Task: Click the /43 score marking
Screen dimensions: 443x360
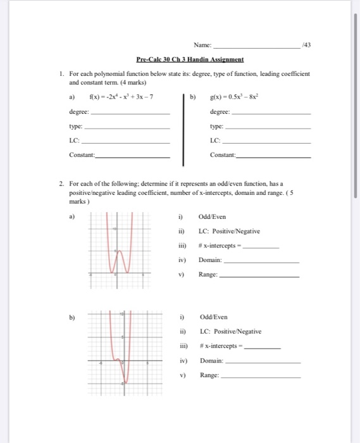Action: pos(307,45)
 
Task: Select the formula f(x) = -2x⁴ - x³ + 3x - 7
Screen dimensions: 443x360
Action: pos(121,97)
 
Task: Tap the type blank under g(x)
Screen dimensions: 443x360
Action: pos(266,127)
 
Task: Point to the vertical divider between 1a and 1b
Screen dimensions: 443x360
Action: pos(183,127)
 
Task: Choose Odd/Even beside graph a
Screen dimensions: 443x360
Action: pos(211,216)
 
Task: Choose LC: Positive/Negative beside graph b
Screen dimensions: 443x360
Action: pos(230,331)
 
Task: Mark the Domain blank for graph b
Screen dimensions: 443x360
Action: pos(263,363)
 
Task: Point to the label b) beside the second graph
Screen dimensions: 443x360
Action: pos(72,317)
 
